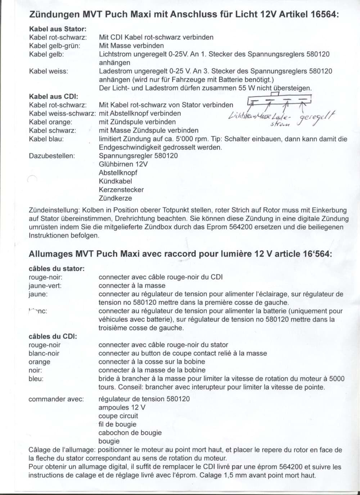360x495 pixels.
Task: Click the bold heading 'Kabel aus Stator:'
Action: pos(58,29)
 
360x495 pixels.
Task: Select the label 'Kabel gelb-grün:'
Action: pos(55,46)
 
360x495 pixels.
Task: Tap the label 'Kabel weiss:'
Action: pos(48,71)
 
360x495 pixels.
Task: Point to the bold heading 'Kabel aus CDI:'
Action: pos(53,96)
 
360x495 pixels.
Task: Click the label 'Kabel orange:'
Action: pos(50,122)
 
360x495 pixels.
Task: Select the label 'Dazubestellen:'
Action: pos(52,156)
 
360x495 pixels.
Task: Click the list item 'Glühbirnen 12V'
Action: pos(123,164)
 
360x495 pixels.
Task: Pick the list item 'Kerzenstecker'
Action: pos(121,190)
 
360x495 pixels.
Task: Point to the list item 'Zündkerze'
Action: pos(116,198)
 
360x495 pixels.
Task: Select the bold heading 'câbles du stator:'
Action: pos(57,268)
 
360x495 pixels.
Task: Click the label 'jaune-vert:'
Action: pos(45,286)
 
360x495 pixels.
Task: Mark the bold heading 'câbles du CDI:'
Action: pos(53,336)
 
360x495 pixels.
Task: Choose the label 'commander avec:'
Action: pos(56,399)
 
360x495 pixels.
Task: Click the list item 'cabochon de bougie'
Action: pos(130,433)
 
